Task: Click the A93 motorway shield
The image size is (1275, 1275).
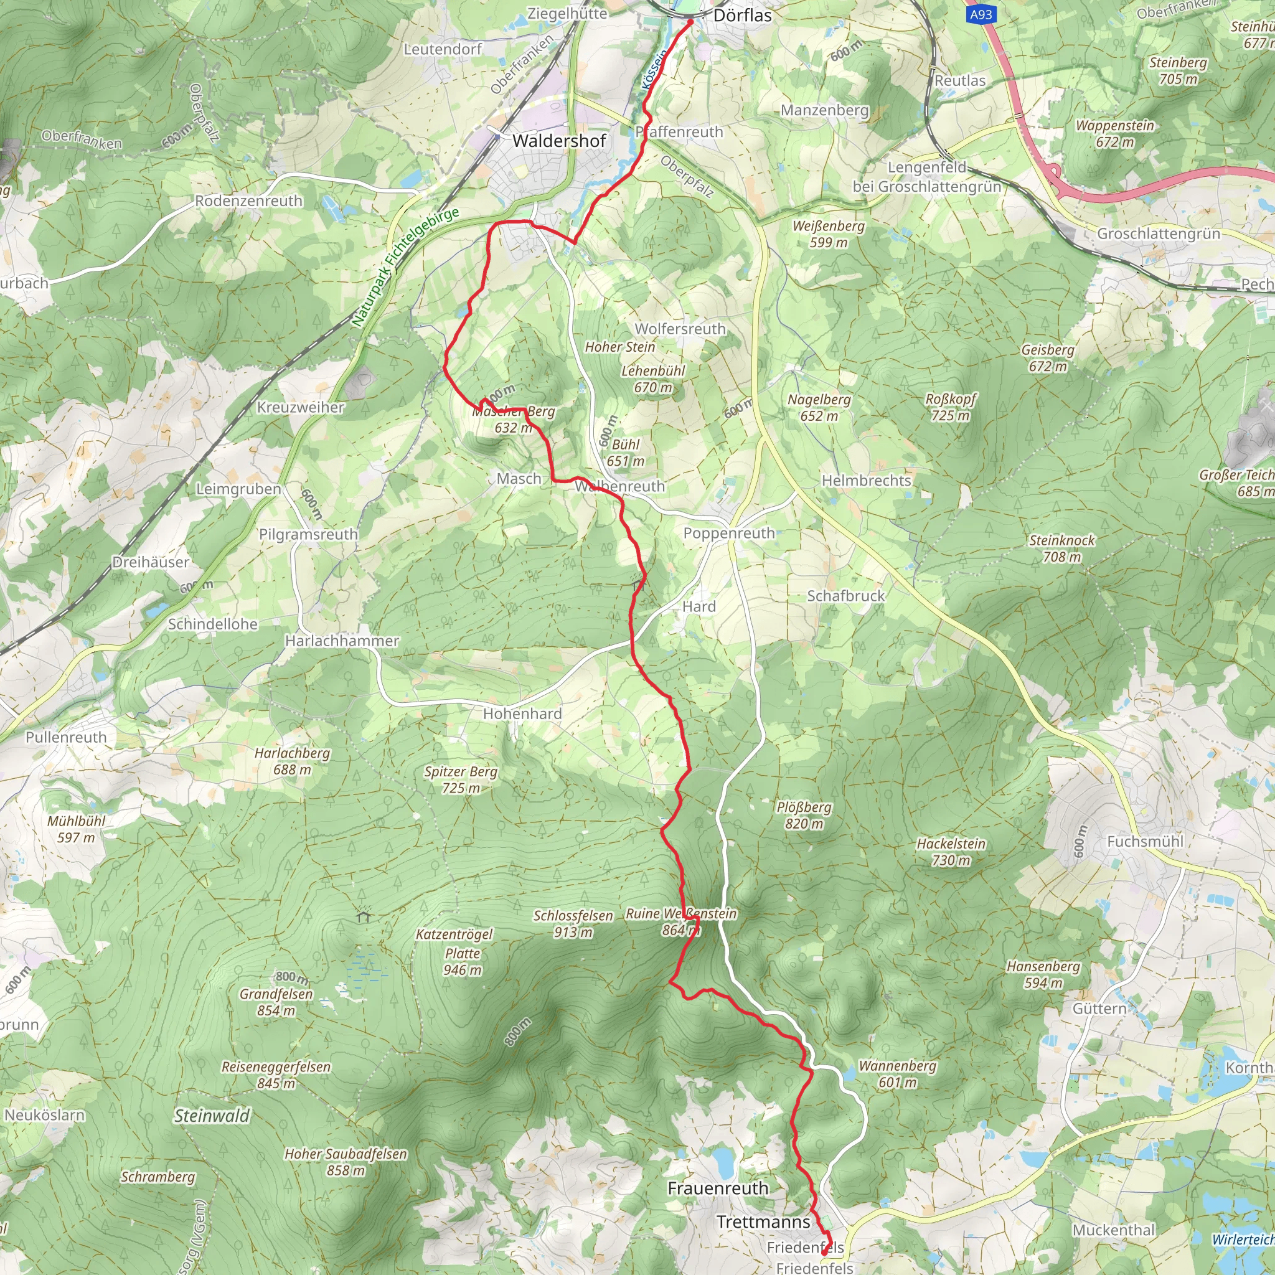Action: (981, 14)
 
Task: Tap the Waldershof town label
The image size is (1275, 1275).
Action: (559, 141)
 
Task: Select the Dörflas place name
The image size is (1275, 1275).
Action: (743, 15)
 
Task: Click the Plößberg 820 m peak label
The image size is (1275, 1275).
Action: (804, 815)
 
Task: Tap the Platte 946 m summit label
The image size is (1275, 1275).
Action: (463, 961)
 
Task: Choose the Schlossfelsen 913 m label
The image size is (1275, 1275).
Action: (573, 924)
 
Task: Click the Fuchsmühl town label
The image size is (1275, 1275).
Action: (1145, 842)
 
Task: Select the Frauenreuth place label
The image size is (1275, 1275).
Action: (718, 1188)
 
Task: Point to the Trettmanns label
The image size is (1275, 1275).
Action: (763, 1221)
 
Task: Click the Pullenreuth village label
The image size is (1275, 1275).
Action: (66, 737)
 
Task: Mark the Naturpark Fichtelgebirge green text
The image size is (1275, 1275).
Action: (405, 267)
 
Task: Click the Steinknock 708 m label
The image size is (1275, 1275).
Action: (1062, 548)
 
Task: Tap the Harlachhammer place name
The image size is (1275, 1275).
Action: (342, 641)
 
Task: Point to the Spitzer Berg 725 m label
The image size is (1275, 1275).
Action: (461, 779)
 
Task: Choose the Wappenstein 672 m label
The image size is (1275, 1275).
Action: (1114, 133)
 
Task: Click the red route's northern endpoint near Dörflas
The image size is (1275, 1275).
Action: (690, 22)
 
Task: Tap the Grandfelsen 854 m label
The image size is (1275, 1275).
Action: (276, 1002)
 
